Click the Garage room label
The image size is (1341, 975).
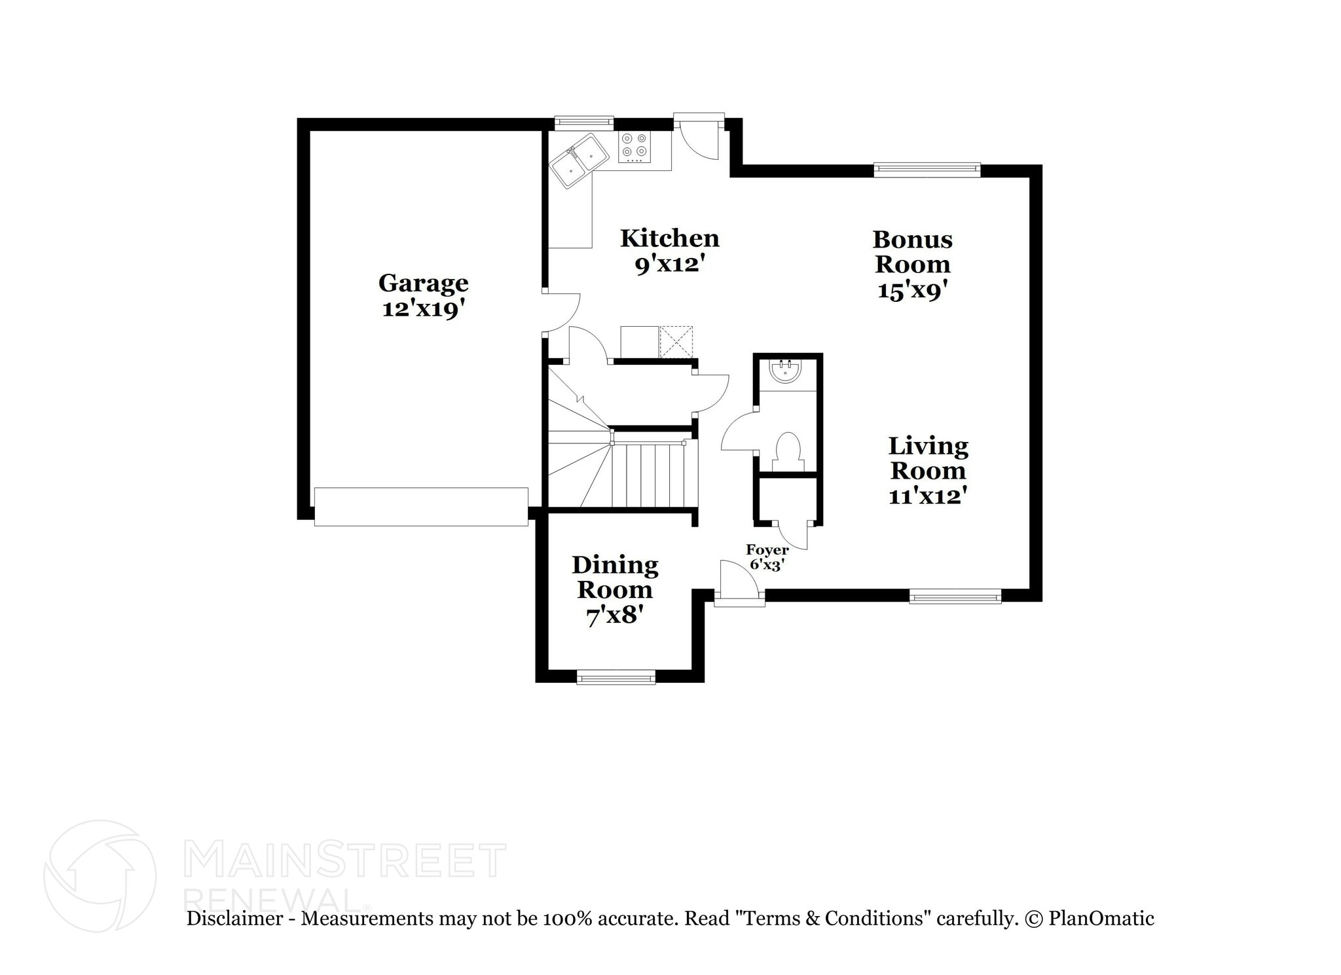(423, 283)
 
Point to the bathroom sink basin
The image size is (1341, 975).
(784, 371)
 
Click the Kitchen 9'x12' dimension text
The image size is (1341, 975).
(669, 265)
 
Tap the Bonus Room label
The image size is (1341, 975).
(912, 252)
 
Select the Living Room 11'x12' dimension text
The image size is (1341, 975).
(928, 496)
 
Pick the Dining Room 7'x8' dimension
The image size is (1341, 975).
(614, 616)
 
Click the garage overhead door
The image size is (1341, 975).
(421, 506)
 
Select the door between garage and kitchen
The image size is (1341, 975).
(562, 312)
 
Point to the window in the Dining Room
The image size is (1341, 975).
(615, 677)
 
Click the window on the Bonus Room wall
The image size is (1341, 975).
(927, 170)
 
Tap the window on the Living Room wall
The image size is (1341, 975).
(955, 596)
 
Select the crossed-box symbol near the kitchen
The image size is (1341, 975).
(676, 341)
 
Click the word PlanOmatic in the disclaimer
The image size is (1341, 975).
(1101, 919)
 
